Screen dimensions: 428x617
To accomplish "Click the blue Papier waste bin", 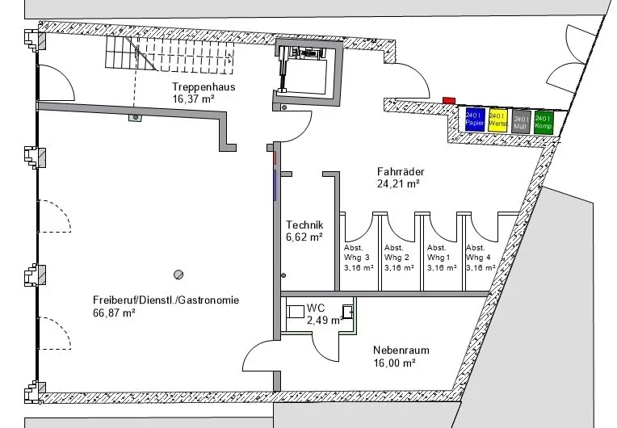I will point(474,120).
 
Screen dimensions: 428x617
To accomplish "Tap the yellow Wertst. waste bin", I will point(497,121).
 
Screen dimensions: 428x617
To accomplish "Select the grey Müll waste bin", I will point(521,123).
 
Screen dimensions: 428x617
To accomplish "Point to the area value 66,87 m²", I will point(114,313).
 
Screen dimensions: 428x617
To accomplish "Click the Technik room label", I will point(304,225).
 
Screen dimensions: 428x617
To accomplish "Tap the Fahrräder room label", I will point(401,171).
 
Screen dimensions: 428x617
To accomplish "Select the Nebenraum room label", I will point(401,350).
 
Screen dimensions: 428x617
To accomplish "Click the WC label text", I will point(316,308).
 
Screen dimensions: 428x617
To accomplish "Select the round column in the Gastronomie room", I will point(180,274).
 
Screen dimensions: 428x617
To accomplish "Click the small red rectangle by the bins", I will point(448,100).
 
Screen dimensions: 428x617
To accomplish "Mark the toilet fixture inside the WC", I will point(347,311).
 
